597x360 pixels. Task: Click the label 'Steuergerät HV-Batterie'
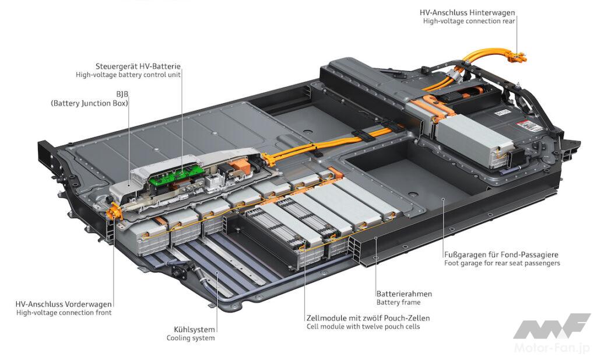click(138, 66)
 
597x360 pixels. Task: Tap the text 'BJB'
click(121, 93)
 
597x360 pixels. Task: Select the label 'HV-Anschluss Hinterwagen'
click(468, 12)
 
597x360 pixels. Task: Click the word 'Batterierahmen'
click(404, 293)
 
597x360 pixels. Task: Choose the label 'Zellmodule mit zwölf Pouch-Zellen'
click(363, 318)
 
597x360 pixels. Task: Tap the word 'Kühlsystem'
click(191, 329)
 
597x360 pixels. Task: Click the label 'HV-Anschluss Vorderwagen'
click(64, 303)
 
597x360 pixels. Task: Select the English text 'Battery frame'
click(398, 302)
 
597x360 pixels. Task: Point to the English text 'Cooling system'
click(191, 338)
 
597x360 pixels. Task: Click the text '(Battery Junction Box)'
click(89, 103)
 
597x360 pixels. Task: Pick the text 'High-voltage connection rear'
click(469, 21)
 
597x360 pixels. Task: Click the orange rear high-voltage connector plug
click(515, 57)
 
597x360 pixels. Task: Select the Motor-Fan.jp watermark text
click(552, 348)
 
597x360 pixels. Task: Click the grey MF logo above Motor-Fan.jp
click(551, 326)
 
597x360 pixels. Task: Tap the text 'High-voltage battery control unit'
click(128, 75)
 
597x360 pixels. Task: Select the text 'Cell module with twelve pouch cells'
click(363, 327)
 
